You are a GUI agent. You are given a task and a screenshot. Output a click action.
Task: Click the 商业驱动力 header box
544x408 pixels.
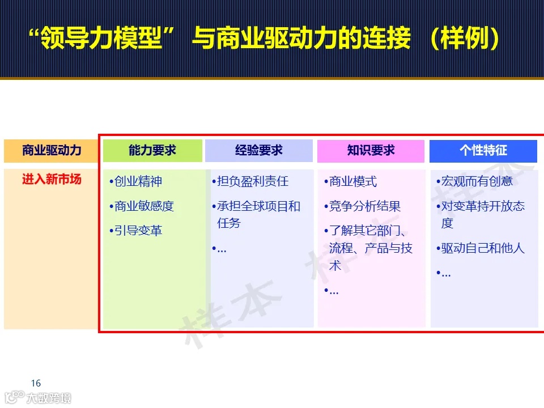click(x=52, y=151)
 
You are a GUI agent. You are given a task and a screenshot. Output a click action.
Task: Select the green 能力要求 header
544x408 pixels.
click(x=152, y=151)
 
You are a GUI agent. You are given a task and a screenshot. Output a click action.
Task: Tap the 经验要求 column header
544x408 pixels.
click(x=259, y=151)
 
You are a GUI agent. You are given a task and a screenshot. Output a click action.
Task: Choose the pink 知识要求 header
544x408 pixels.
click(x=371, y=151)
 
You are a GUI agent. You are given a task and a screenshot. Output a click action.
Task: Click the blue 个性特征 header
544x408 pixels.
click(x=483, y=151)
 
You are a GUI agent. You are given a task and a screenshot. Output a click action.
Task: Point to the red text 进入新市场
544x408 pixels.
click(x=52, y=180)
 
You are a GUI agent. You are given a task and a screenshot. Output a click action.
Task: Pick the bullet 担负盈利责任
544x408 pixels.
click(x=253, y=182)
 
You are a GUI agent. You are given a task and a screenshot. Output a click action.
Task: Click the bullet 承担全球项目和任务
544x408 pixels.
click(x=258, y=214)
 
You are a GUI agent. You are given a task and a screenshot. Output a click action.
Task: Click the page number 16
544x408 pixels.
click(x=36, y=384)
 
